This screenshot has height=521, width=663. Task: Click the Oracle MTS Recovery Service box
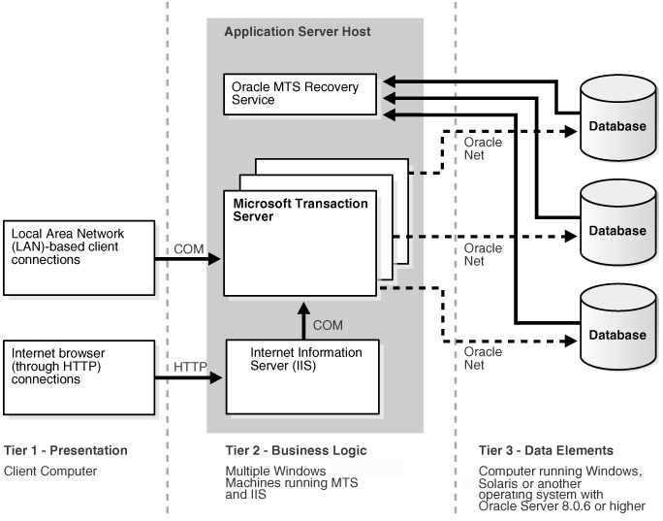(x=301, y=94)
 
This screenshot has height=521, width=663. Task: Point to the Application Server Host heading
(x=298, y=32)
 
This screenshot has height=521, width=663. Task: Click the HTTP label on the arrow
(x=190, y=367)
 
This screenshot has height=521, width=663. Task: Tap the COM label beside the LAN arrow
(x=189, y=248)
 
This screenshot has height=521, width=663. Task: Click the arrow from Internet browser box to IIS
(x=190, y=377)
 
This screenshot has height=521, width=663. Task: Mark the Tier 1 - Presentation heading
(x=66, y=450)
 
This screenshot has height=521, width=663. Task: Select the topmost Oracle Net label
(x=483, y=148)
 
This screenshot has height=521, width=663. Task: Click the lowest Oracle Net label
(x=483, y=358)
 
